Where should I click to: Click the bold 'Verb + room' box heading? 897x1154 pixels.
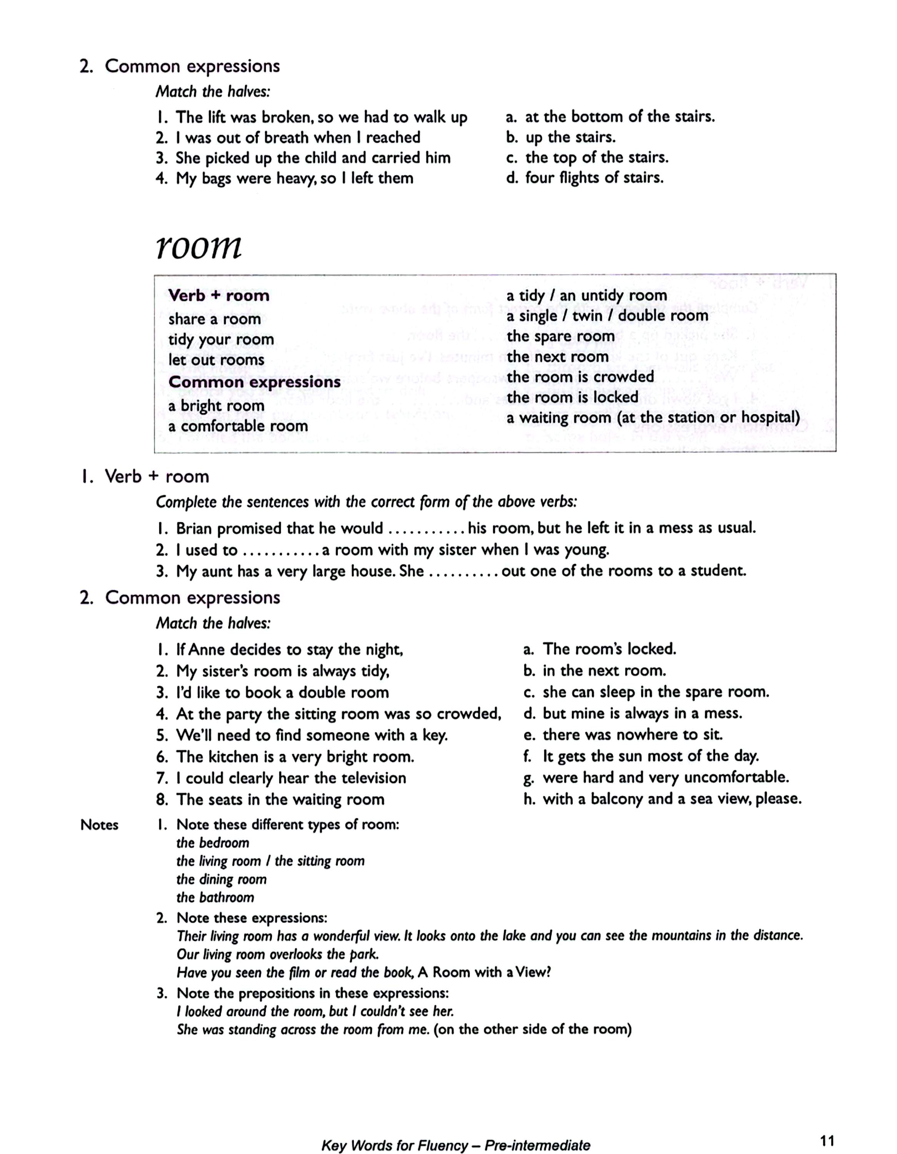(219, 295)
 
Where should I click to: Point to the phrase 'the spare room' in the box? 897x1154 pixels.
(560, 337)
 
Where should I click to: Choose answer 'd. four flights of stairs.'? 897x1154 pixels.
(584, 178)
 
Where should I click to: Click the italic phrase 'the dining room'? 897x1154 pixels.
(221, 879)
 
